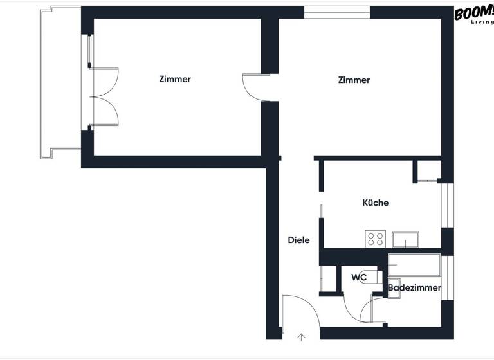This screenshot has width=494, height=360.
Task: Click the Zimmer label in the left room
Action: (175, 80)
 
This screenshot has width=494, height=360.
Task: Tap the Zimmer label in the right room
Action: (354, 80)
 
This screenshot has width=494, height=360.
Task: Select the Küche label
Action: (375, 203)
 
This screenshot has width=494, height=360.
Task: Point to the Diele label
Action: (298, 240)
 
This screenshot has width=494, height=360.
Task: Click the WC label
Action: (359, 278)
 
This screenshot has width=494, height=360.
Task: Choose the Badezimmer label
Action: (414, 288)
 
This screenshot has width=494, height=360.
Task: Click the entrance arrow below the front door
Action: (301, 336)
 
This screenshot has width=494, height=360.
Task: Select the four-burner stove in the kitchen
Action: (375, 239)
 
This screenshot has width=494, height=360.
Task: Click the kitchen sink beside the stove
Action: (406, 239)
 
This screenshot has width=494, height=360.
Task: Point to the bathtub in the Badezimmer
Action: (414, 264)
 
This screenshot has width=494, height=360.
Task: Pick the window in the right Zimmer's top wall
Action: (337, 12)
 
